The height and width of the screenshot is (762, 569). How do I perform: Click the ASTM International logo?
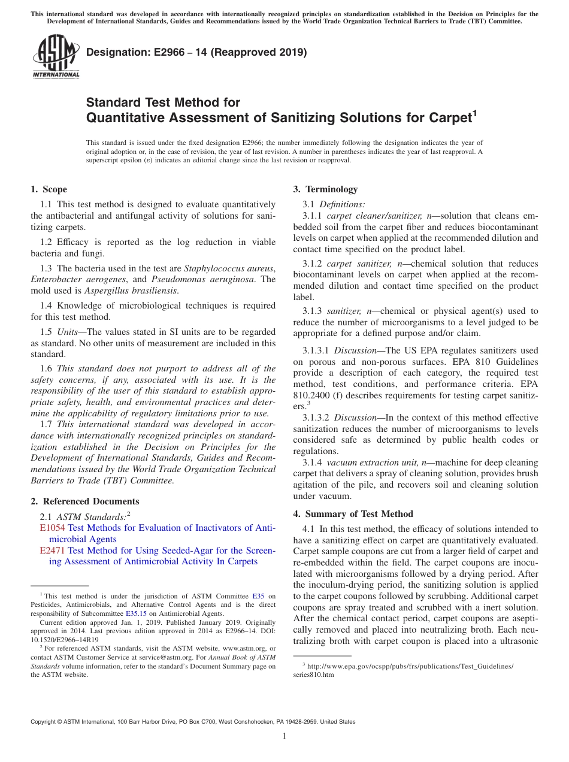click(x=55, y=56)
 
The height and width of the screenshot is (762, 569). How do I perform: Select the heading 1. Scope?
click(x=49, y=189)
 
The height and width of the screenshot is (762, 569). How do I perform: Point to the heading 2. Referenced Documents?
click(x=84, y=501)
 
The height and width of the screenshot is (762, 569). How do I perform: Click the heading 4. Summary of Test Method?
click(x=353, y=514)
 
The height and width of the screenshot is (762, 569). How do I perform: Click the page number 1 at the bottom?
click(x=284, y=736)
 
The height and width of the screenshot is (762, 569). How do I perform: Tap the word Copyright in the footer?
click(x=45, y=722)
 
